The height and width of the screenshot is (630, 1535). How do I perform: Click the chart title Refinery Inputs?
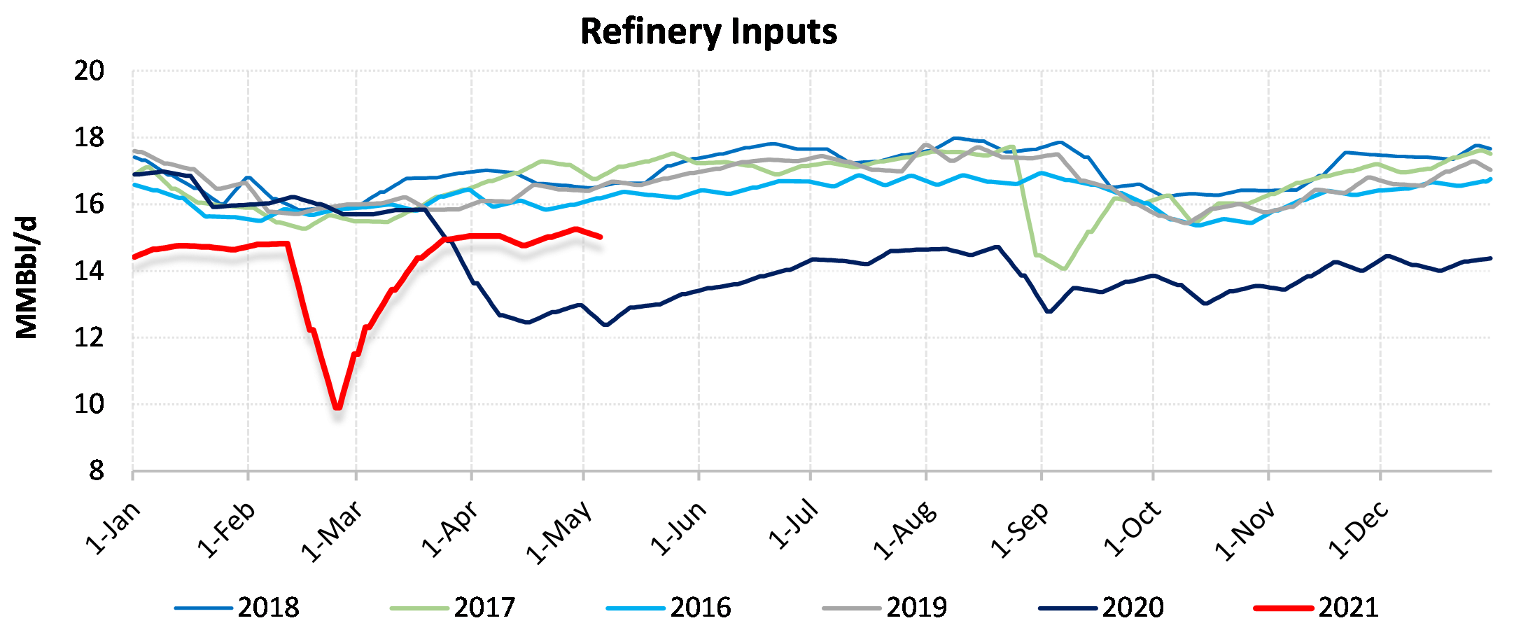pyautogui.click(x=708, y=32)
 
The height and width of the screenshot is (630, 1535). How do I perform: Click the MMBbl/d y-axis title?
pyautogui.click(x=27, y=278)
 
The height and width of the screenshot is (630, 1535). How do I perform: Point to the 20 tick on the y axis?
pyautogui.click(x=89, y=71)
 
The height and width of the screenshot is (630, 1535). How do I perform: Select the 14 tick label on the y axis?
pyautogui.click(x=89, y=271)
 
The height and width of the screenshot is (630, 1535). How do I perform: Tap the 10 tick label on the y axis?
pyautogui.click(x=89, y=404)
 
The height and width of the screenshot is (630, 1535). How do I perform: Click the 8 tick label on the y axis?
pyautogui.click(x=96, y=471)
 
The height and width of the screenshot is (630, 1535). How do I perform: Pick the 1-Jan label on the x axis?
pyautogui.click(x=112, y=528)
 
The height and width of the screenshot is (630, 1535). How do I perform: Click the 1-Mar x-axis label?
pyautogui.click(x=331, y=532)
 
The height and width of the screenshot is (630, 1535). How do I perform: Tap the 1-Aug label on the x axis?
pyautogui.click(x=904, y=531)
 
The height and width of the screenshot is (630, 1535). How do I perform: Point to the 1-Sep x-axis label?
pyautogui.click(x=1019, y=531)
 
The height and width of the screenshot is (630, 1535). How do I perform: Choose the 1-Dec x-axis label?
pyautogui.click(x=1357, y=531)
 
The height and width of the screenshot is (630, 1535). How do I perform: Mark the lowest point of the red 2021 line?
pyautogui.click(x=338, y=407)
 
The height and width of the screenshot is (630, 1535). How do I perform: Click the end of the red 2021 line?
pyautogui.click(x=601, y=237)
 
